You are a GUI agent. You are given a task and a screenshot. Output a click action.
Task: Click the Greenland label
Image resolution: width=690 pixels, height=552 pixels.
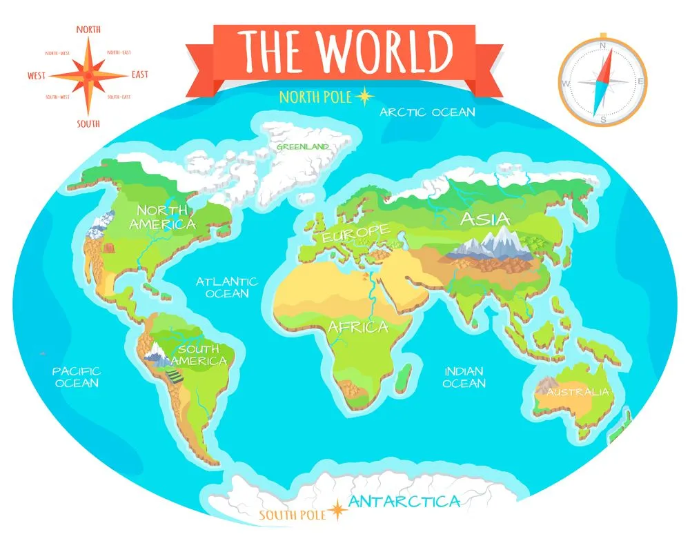[302, 146]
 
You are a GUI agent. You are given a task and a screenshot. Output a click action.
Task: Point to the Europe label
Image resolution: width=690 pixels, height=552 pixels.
[355, 232]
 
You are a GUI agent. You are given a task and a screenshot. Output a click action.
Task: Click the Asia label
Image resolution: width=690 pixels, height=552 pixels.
[485, 219]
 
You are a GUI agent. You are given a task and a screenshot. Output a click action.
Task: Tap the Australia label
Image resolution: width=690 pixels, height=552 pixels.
[578, 392]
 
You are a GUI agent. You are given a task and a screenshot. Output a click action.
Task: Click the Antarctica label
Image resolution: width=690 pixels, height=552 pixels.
[404, 502]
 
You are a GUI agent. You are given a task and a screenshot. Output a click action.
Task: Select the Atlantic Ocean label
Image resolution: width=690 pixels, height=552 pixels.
[226, 287]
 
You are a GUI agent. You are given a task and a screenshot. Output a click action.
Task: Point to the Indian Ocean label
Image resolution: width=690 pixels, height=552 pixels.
[464, 377]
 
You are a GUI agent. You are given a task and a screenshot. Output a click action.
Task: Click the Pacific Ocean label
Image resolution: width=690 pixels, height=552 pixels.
[77, 377]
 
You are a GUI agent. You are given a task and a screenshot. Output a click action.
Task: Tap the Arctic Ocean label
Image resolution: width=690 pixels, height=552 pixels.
[428, 112]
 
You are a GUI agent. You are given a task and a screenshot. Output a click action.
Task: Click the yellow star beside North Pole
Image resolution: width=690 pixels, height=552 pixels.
[363, 97]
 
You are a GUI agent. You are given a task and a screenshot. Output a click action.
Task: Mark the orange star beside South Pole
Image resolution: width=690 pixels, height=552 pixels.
[337, 511]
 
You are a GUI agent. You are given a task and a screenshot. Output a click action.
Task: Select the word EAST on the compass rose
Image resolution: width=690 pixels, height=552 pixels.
[139, 75]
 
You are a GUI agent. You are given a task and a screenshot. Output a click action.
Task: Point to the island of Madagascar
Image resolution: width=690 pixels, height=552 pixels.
[407, 376]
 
